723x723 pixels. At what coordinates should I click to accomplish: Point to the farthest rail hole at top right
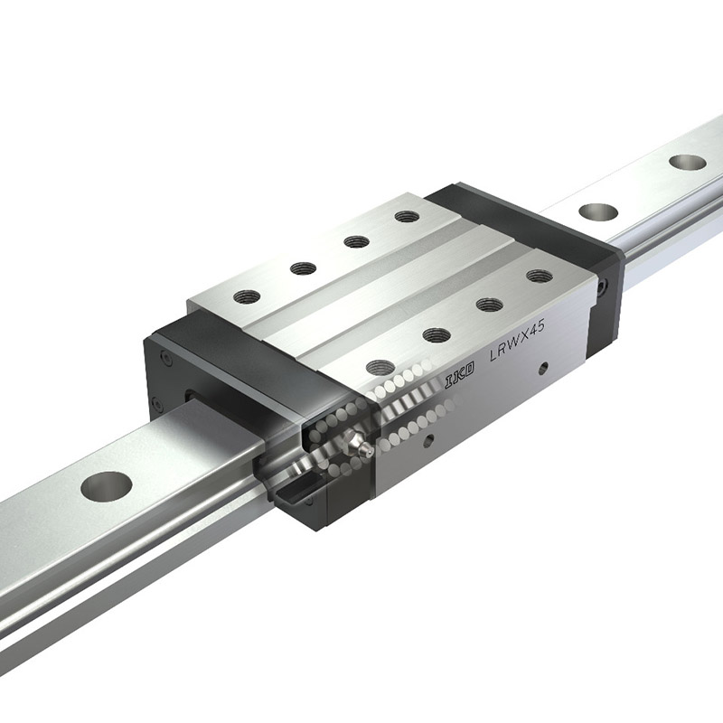(688, 163)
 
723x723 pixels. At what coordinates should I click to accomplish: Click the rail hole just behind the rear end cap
(598, 211)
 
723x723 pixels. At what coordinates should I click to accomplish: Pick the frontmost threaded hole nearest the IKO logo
(380, 368)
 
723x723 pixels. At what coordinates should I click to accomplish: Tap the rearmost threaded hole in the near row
(540, 276)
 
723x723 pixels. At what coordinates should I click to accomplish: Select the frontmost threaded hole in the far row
(247, 296)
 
